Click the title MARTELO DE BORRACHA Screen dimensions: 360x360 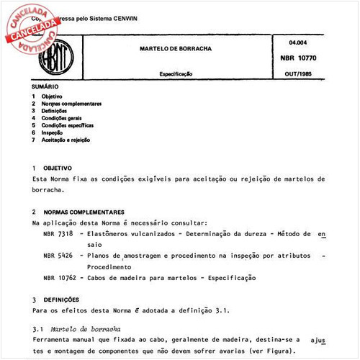(175, 49)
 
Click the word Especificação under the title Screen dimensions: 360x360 (175, 73)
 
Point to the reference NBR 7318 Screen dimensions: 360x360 (58, 234)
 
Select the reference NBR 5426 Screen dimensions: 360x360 (58, 256)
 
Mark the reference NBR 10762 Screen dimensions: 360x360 (60, 277)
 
